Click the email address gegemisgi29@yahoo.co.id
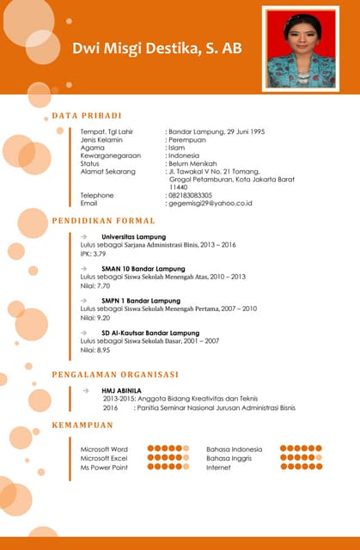211,203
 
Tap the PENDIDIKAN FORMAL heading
103,221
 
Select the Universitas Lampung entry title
133,236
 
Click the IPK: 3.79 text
93,254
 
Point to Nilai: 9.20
95,318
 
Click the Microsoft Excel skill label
103,458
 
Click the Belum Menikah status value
192,163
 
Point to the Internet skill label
218,467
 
